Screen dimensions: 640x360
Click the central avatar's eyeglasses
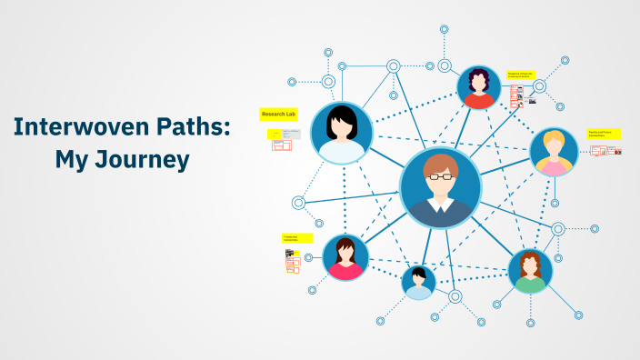(441, 176)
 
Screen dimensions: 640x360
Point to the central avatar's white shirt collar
(440, 205)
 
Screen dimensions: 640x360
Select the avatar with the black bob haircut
(342, 133)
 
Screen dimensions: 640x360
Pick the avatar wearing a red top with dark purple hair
(478, 88)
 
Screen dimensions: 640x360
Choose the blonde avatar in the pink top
(553, 151)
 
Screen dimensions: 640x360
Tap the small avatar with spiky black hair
(418, 281)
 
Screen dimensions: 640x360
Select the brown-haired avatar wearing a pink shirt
(345, 256)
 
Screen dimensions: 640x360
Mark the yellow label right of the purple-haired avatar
(521, 75)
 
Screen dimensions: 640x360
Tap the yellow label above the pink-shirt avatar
(297, 238)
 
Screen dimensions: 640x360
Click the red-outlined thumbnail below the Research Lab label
(282, 144)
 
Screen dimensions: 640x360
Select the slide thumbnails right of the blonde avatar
(605, 150)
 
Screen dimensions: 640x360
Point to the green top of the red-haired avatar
(530, 284)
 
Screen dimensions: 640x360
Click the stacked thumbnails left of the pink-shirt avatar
(293, 262)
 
